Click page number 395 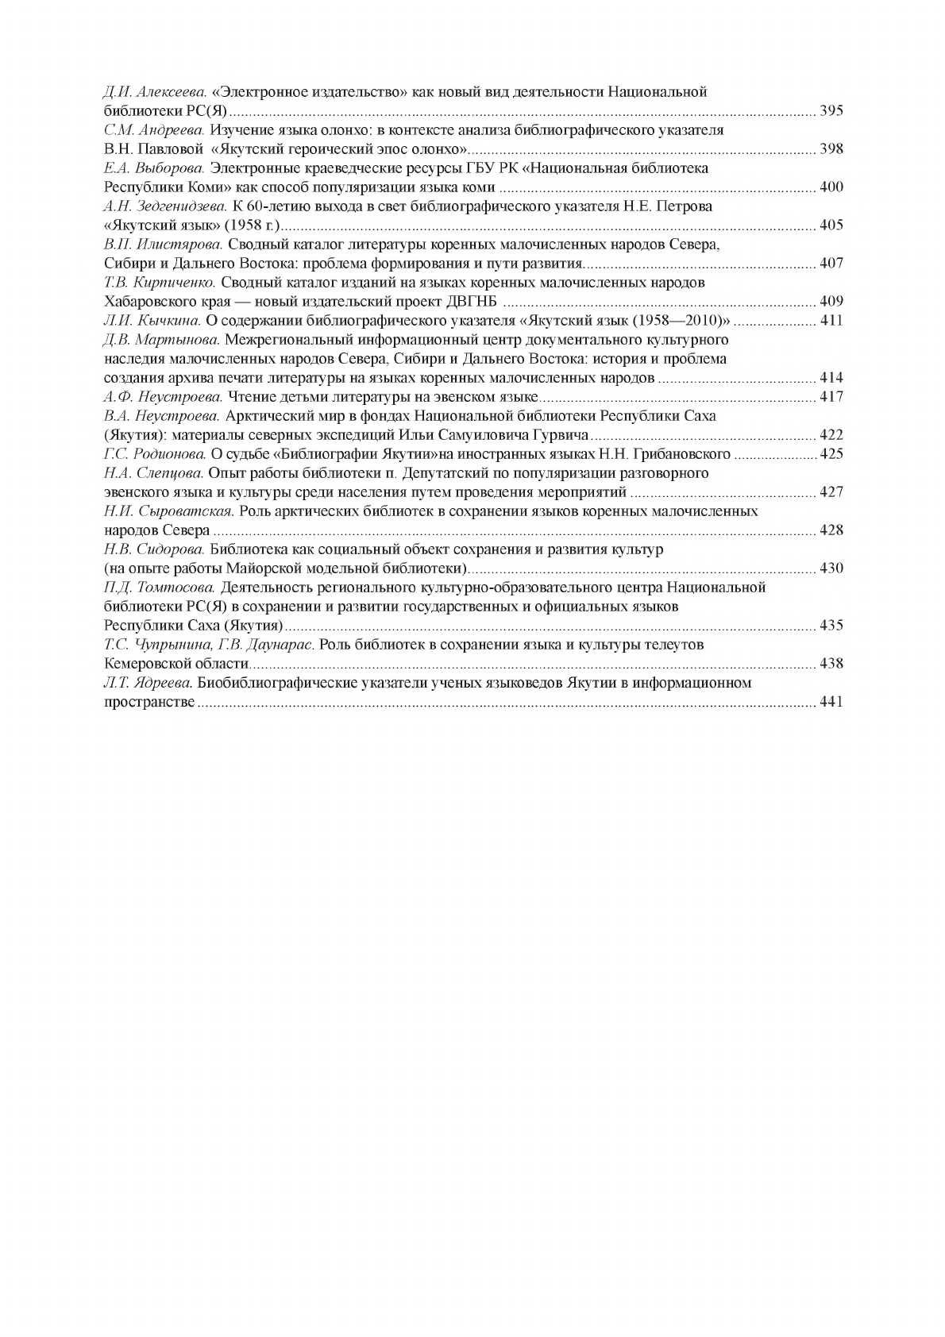pos(831,111)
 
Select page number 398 pos(831,149)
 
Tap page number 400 pos(831,187)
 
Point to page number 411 pos(831,321)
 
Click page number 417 pos(831,397)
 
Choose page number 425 pos(831,454)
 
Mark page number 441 pos(831,702)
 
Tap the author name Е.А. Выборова pos(155,168)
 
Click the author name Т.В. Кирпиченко pos(160,283)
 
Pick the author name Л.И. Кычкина pos(152,321)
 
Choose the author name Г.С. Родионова pos(155,454)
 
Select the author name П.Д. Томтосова pos(160,588)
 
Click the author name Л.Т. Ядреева pos(148,683)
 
